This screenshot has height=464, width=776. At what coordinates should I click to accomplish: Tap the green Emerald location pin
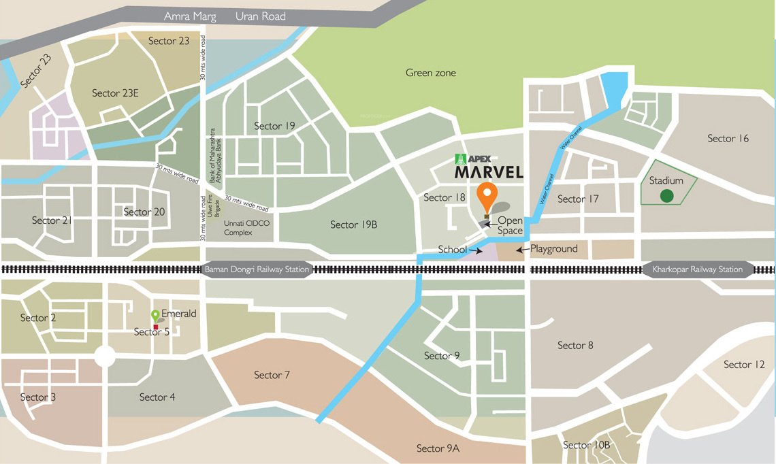(x=155, y=316)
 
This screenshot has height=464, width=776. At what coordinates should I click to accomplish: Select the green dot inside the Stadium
(x=667, y=196)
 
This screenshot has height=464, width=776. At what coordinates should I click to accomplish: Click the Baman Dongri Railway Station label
(x=257, y=269)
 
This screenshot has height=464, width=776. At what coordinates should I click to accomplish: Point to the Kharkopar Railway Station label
(x=698, y=269)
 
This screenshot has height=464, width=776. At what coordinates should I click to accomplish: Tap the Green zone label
(x=430, y=73)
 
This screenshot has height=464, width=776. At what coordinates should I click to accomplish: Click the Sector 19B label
(x=353, y=225)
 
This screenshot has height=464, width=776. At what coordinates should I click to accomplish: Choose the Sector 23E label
(x=115, y=93)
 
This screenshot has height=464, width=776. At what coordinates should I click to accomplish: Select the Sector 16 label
(x=728, y=138)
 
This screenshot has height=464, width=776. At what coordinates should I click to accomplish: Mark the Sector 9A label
(x=438, y=448)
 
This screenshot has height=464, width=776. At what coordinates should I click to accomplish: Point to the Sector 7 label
(x=272, y=375)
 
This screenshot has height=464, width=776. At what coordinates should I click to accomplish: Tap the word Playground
(x=554, y=249)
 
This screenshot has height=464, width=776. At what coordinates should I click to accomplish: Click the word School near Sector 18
(x=452, y=250)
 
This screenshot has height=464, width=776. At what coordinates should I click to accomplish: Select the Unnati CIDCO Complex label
(x=238, y=228)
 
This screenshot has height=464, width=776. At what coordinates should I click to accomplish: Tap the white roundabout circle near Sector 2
(x=105, y=356)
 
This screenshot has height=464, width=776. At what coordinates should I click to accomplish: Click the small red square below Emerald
(x=156, y=327)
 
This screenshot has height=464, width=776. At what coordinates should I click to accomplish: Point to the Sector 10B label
(x=587, y=445)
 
